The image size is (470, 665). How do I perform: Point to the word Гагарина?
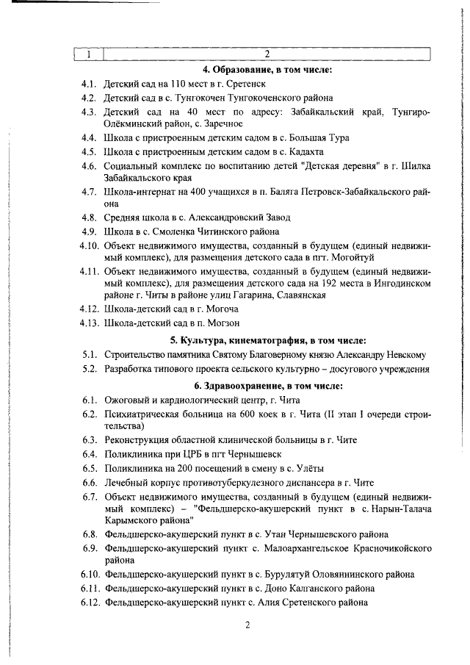tap(251, 295)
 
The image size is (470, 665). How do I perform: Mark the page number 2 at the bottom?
tap(247, 625)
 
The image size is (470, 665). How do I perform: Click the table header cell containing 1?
tap(89, 54)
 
